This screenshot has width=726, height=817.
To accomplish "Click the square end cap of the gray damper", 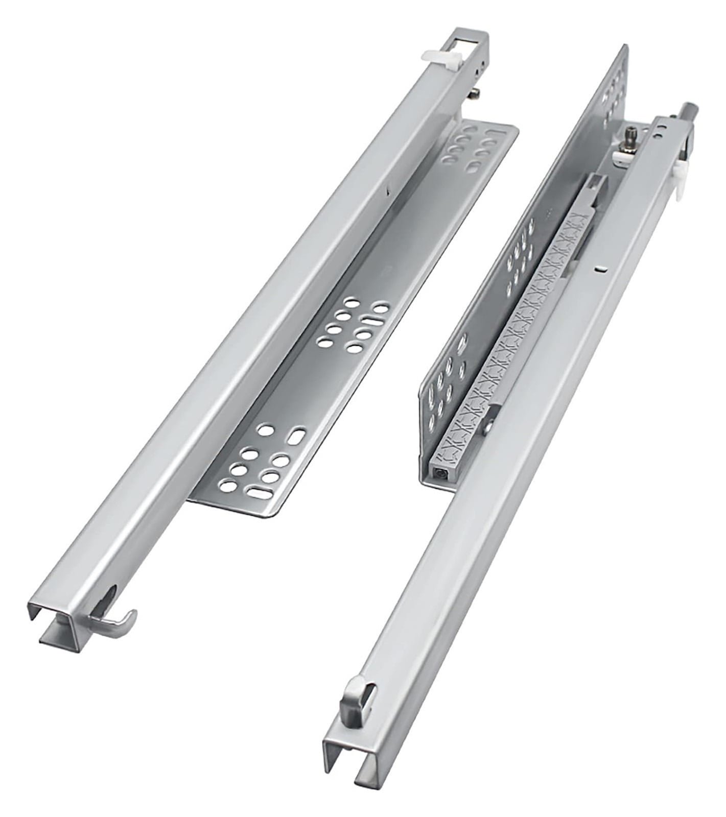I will pyautogui.click(x=440, y=473).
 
